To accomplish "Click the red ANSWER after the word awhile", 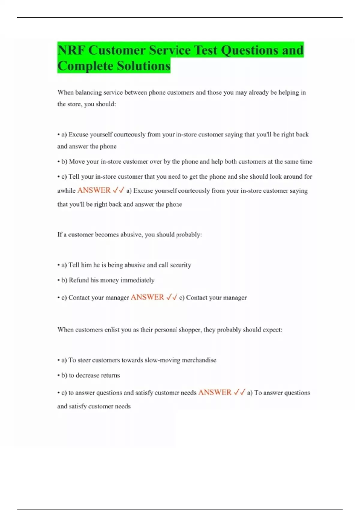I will [x=94, y=190].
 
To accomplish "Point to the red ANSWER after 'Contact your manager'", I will [x=147, y=297].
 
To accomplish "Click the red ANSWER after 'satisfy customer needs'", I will [x=215, y=392].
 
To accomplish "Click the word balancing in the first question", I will [x=88, y=92].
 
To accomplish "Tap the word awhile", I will [x=66, y=190].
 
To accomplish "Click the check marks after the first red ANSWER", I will [x=118, y=190].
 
